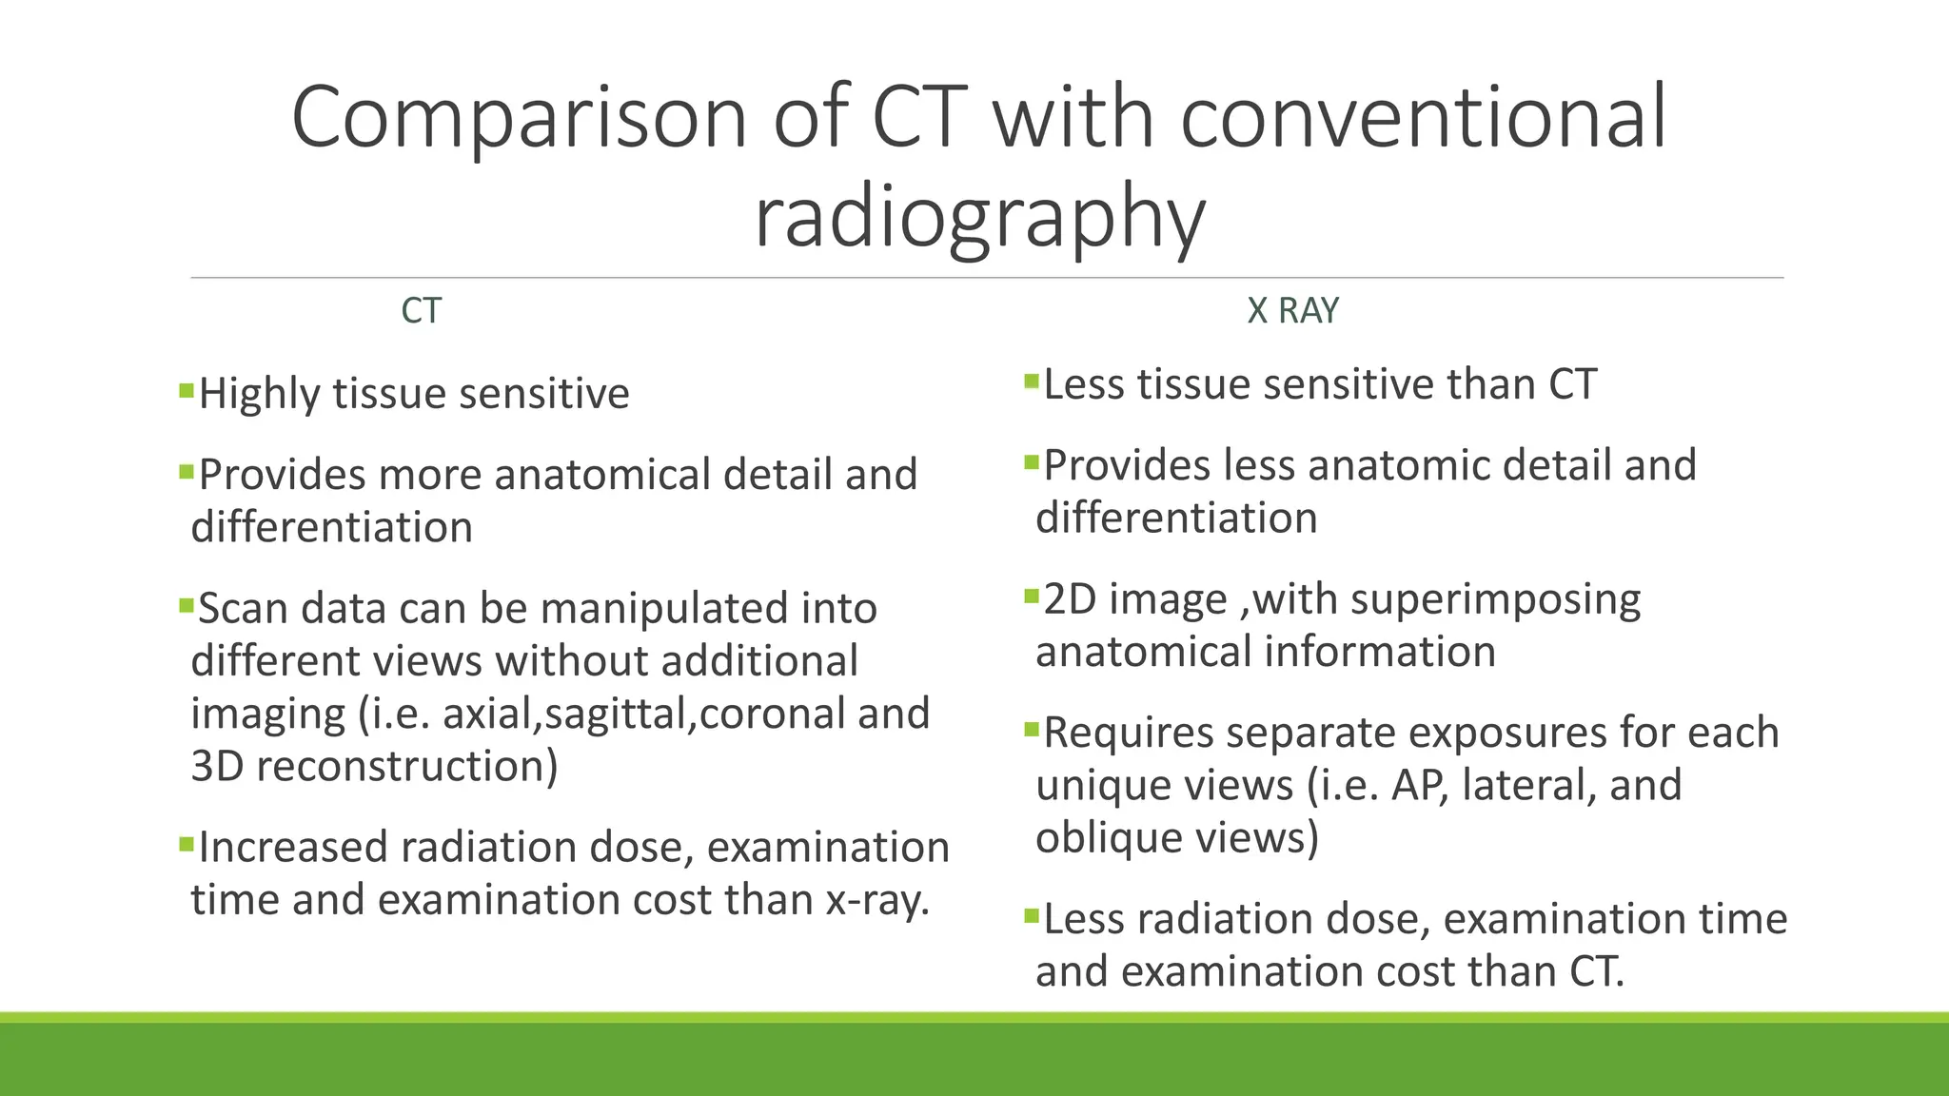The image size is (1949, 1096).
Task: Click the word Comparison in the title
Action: (x=519, y=118)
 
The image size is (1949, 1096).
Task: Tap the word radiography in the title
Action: (x=979, y=217)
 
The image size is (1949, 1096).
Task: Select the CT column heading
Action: (x=421, y=311)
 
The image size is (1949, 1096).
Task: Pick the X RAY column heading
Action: (x=1292, y=311)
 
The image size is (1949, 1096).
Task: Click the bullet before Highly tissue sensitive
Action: (x=187, y=389)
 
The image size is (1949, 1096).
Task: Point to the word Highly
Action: (x=259, y=395)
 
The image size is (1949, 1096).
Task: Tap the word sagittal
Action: (x=618, y=714)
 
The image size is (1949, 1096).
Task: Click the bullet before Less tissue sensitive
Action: (x=1032, y=382)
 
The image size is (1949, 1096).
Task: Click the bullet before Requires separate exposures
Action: (x=1032, y=730)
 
